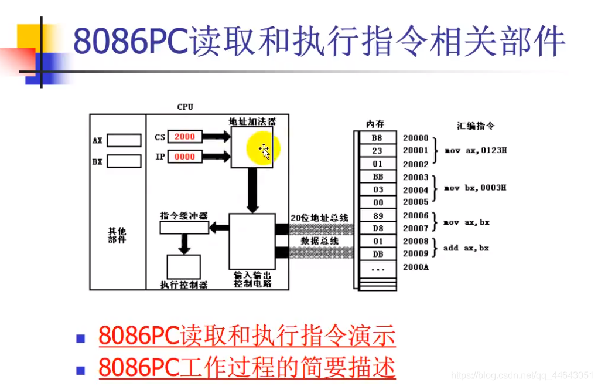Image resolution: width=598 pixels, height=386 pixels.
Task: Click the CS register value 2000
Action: click(x=184, y=137)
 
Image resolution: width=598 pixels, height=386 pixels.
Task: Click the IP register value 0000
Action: click(x=184, y=157)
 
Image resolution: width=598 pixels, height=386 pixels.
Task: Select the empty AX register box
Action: click(x=124, y=141)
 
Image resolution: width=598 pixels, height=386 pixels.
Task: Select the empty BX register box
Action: click(x=124, y=161)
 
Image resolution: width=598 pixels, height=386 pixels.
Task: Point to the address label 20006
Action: click(x=416, y=215)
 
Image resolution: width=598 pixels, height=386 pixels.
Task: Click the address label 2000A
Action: click(x=416, y=267)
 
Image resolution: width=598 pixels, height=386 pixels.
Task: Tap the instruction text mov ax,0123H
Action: click(x=475, y=151)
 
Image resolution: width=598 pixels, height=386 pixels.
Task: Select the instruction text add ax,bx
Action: click(x=466, y=248)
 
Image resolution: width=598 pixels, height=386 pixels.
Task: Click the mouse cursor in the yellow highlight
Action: click(x=264, y=151)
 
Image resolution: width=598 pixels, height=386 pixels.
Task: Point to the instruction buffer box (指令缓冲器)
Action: click(x=184, y=227)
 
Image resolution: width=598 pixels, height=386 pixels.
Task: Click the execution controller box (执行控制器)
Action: click(x=184, y=268)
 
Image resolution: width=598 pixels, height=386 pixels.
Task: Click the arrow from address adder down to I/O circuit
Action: click(x=252, y=191)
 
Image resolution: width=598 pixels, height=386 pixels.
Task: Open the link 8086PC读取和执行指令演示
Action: click(x=247, y=337)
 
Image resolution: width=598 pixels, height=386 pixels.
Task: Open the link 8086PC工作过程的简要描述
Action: click(x=247, y=367)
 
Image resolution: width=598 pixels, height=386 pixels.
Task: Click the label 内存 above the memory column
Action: click(x=375, y=124)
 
